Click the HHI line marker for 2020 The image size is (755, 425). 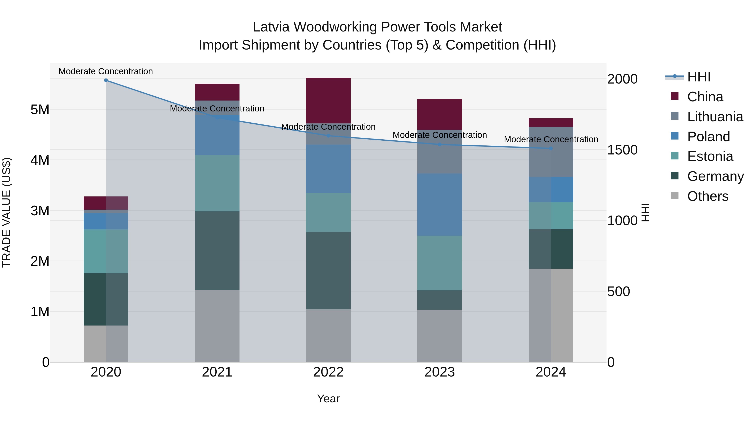pos(106,80)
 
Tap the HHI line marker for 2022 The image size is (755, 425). pos(328,136)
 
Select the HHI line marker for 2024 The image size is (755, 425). pos(551,148)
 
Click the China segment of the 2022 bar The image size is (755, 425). pos(328,100)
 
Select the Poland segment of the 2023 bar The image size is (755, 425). pos(439,204)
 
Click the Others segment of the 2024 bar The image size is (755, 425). pos(551,315)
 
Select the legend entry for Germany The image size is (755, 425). pos(715,176)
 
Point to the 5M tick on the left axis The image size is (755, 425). pos(40,110)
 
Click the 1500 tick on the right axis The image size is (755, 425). pos(622,150)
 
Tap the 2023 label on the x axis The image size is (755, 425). pos(439,372)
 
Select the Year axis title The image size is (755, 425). pos(328,399)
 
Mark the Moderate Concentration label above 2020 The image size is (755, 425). pos(106,71)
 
